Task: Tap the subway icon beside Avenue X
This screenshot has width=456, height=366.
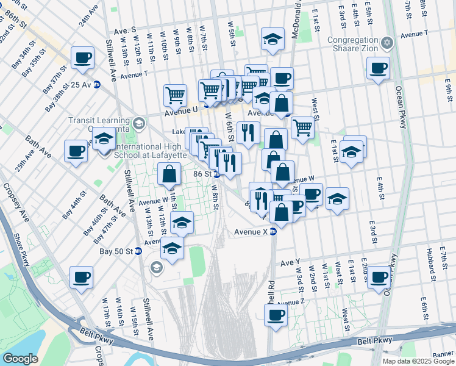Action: point(274,232)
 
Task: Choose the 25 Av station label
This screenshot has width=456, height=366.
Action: point(80,85)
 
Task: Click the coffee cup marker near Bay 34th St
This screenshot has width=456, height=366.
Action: point(82,59)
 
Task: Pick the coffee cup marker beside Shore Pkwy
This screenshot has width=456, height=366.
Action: point(81,278)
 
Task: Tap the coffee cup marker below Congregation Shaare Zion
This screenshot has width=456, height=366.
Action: point(378,68)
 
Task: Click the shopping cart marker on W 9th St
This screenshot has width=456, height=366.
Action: point(175,95)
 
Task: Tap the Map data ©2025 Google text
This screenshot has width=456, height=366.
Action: point(418,361)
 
